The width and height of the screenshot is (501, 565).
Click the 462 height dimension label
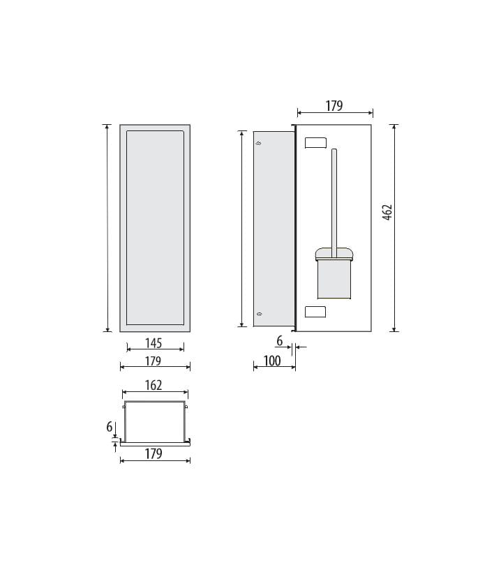pyautogui.click(x=387, y=212)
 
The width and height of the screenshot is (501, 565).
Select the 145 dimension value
pyautogui.click(x=154, y=343)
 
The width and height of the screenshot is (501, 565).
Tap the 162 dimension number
pyautogui.click(x=154, y=386)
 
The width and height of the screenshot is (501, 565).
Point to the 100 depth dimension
pyautogui.click(x=272, y=361)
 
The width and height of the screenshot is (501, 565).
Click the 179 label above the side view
pyautogui.click(x=334, y=106)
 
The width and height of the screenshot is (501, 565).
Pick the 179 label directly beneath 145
pyautogui.click(x=153, y=361)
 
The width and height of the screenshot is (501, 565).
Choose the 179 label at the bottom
pyautogui.click(x=154, y=453)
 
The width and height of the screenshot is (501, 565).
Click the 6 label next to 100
pyautogui.click(x=280, y=341)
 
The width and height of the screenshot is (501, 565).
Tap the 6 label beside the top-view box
pyautogui.click(x=110, y=427)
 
